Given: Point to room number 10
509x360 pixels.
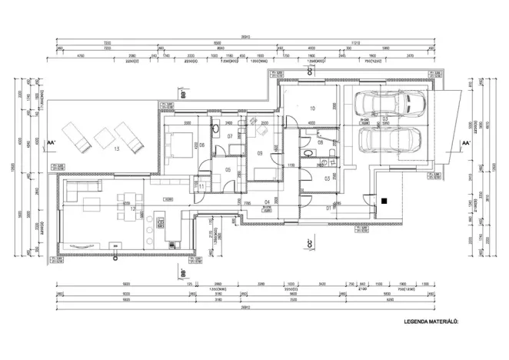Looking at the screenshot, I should (311, 108).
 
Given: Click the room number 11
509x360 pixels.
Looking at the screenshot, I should (201, 186).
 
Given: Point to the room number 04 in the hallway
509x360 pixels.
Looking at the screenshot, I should (268, 203).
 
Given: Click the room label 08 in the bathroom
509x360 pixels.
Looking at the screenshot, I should (320, 143).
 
